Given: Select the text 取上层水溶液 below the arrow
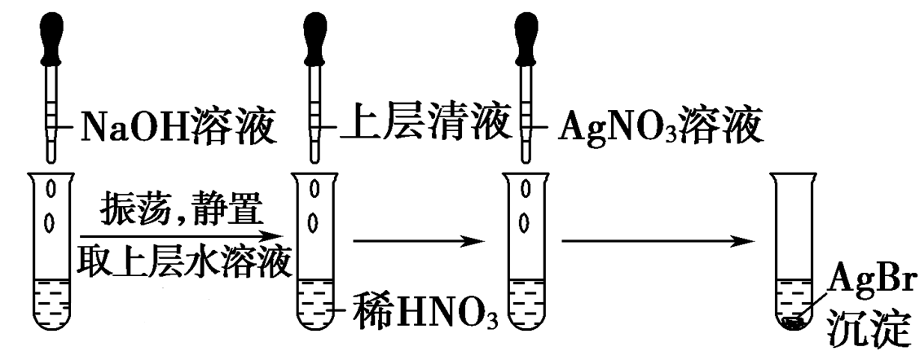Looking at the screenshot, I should click(x=183, y=261).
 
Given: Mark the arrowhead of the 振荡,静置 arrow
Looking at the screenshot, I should click(x=282, y=237).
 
